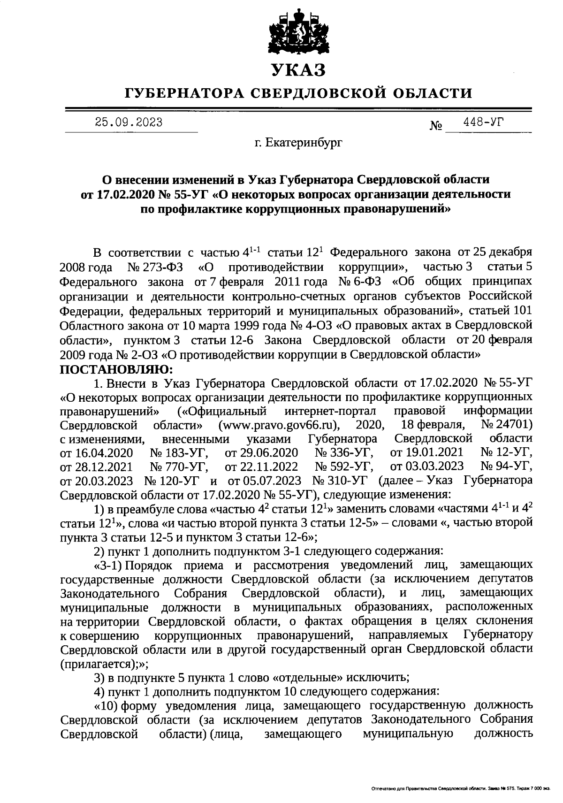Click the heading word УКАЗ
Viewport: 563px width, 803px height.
[x=298, y=70]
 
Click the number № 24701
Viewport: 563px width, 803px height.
[x=506, y=425]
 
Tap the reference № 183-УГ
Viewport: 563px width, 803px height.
[x=179, y=453]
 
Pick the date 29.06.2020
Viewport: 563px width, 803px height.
[x=270, y=453]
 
